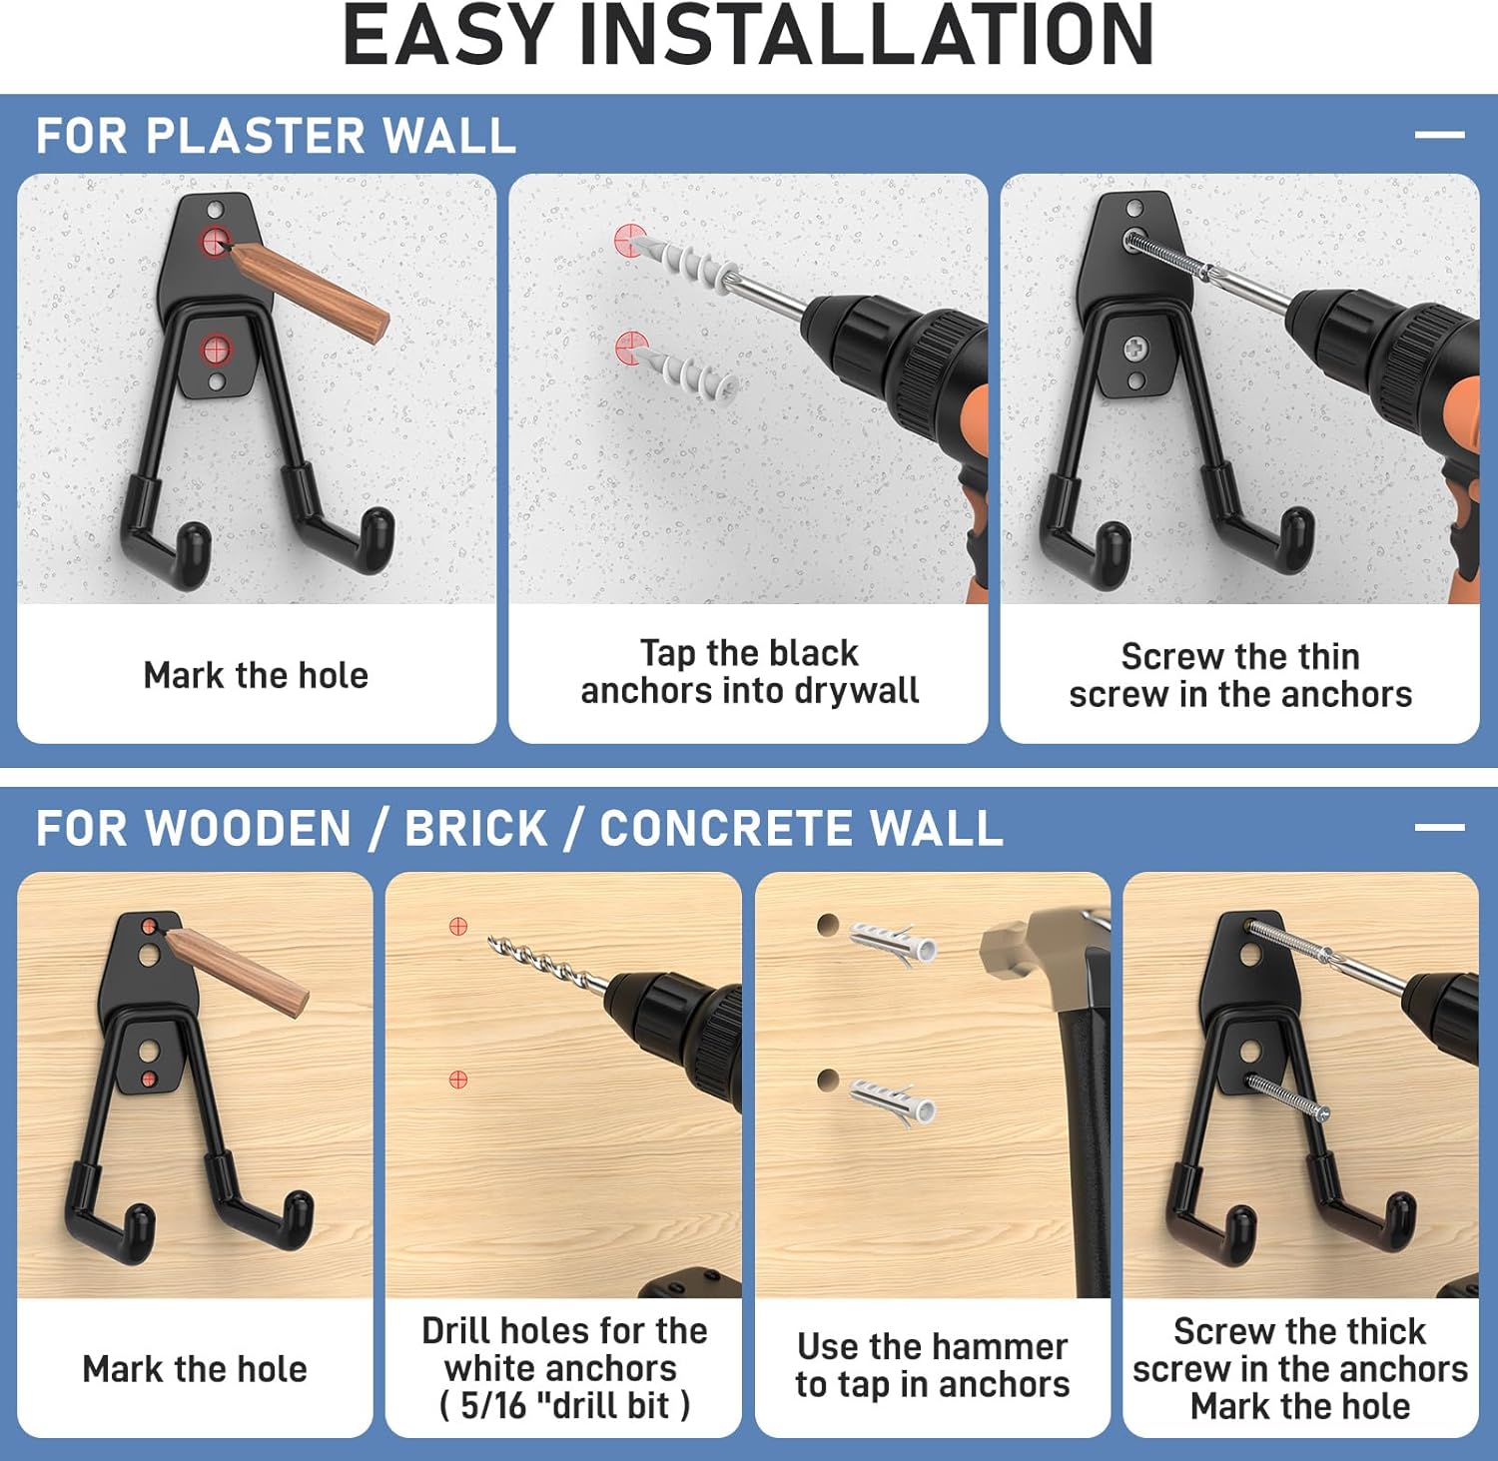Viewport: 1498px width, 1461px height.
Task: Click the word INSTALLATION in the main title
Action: pos(866,35)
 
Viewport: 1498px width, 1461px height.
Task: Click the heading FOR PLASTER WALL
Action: pos(276,136)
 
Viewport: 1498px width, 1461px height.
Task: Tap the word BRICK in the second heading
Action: pos(476,829)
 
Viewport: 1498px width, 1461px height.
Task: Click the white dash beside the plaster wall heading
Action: pos(1439,134)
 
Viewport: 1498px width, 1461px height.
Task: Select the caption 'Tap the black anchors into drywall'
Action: pos(749,672)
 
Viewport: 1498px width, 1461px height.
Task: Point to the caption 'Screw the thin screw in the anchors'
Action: pos(1240,675)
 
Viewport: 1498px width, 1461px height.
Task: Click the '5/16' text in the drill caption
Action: pos(493,1405)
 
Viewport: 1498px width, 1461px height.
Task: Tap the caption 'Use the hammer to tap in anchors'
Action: pos(933,1365)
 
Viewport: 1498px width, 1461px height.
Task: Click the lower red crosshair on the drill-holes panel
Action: pos(458,1080)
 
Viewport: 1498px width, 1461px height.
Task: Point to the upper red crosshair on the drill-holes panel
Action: pos(458,926)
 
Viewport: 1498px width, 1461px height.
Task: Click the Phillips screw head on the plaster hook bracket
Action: pos(1135,349)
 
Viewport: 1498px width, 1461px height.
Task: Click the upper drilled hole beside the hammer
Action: pos(827,925)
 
